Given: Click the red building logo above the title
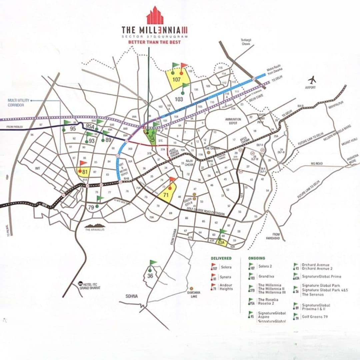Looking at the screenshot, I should click(155, 16).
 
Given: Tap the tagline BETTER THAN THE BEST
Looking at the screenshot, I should click(154, 42).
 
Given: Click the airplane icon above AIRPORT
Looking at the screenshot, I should click(312, 80).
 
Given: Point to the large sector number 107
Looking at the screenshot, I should click(177, 80).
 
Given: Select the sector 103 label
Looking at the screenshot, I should click(179, 99).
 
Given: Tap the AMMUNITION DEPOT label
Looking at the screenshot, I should click(233, 121).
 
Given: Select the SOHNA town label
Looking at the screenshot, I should click(131, 296).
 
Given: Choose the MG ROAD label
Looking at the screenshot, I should click(317, 163).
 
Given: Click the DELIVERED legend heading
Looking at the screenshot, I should click(221, 258).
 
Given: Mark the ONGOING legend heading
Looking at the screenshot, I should click(256, 258).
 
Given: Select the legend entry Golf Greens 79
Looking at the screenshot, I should click(314, 317).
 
